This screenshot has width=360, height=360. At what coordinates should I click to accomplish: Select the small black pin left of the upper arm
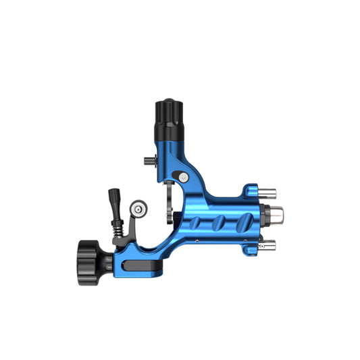[149, 161]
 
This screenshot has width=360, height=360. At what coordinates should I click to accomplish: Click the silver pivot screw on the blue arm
[183, 176]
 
